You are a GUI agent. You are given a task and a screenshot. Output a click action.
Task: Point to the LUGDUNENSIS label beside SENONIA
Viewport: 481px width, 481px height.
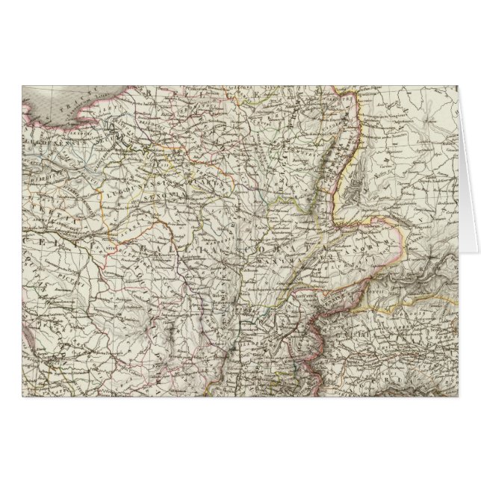pos(153,183)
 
